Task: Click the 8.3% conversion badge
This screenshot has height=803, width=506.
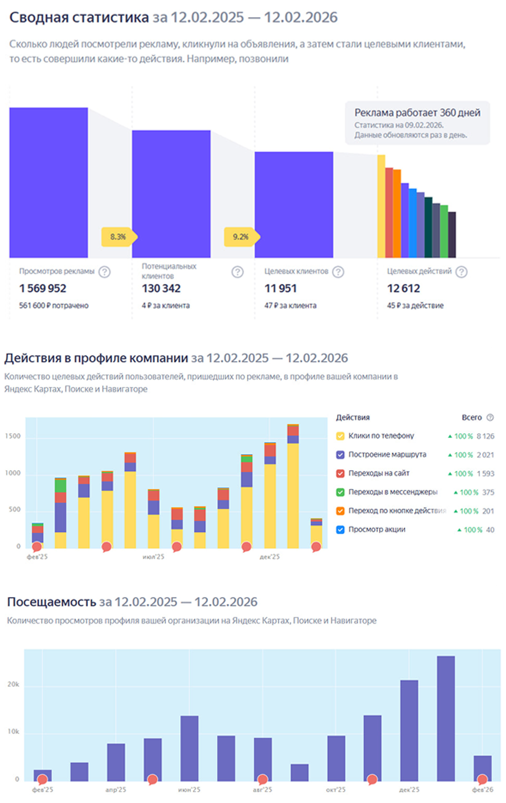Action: click(x=119, y=237)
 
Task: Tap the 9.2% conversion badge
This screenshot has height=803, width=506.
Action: click(x=242, y=237)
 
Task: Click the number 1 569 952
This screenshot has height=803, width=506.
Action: click(x=43, y=288)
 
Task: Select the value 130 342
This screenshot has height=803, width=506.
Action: click(x=161, y=288)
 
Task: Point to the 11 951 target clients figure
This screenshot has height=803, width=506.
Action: click(x=280, y=288)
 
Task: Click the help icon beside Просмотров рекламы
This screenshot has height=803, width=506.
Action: click(x=105, y=272)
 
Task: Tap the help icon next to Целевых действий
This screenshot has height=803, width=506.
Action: click(x=462, y=272)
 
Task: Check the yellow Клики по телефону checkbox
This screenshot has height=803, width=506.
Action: click(x=340, y=436)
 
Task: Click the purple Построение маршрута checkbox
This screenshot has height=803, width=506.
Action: click(x=340, y=455)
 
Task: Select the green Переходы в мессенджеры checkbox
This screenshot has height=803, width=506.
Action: click(x=340, y=492)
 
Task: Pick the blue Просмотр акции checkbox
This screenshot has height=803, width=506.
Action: click(x=340, y=530)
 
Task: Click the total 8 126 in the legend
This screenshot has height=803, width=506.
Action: click(x=485, y=436)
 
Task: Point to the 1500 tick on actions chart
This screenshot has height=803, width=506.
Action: click(x=13, y=436)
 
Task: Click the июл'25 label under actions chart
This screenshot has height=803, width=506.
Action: click(x=153, y=557)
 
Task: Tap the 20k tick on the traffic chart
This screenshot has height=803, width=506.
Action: click(x=13, y=684)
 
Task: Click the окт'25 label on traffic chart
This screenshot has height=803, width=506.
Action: click(x=336, y=790)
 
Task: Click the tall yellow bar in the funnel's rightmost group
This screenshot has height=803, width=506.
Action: click(x=381, y=206)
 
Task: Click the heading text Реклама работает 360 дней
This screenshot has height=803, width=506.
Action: click(x=417, y=113)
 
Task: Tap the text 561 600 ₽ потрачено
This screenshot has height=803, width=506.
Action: click(x=54, y=305)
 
